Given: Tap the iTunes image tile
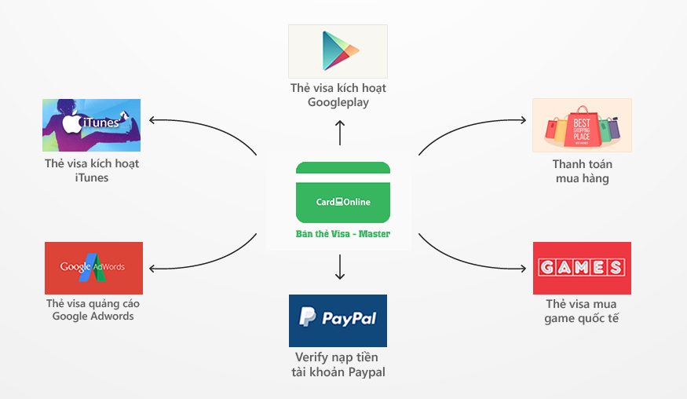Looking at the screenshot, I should pos(91,125).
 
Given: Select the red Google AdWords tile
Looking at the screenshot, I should pos(93,268).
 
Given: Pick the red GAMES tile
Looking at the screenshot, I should pos(582,268).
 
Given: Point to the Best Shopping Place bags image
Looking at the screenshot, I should pos(582,125).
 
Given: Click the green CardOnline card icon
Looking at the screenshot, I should pos(343,192).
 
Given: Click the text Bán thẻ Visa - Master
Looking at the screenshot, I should pos(342,234).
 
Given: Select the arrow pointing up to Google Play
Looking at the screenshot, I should pos(339,132).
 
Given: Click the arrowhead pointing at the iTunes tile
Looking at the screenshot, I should pos(152,120).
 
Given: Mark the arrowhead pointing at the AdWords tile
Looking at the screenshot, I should pos(152,269).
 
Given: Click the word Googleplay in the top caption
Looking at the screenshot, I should pos(338,102).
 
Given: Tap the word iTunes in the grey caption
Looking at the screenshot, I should pos(91,178).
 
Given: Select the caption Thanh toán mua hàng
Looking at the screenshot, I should pos(582,171).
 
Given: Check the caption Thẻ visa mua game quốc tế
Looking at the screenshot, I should pos(581,311).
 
